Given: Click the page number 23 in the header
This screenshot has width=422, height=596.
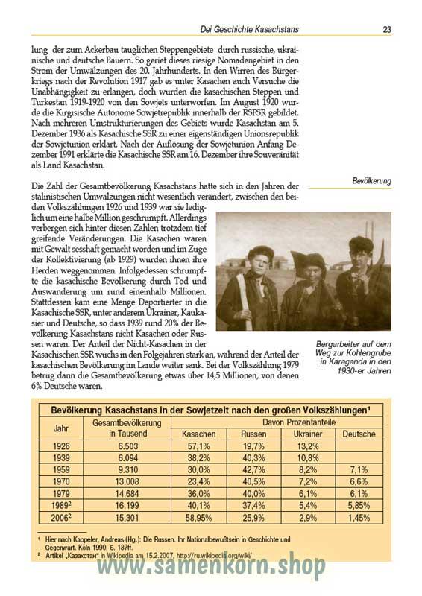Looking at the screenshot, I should click(387, 30).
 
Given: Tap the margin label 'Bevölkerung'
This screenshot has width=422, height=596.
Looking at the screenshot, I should click(371, 181).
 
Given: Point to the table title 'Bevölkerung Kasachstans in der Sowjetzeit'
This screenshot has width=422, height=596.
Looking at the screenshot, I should click(210, 410).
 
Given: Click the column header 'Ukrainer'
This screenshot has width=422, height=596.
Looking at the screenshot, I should click(307, 434).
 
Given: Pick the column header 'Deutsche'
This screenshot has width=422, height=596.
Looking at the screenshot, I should click(359, 434).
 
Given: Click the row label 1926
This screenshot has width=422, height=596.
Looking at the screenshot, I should click(61, 446).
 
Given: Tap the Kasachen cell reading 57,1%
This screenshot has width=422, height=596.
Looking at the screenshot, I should click(198, 446).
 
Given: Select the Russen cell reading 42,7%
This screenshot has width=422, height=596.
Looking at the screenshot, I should click(253, 470).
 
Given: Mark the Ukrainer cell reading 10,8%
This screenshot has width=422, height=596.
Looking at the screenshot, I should click(307, 458).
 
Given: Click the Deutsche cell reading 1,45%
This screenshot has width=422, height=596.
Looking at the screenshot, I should click(359, 517).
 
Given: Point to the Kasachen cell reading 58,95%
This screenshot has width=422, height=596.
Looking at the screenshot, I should click(198, 517).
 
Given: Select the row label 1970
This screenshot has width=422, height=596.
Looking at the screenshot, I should click(61, 482).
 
